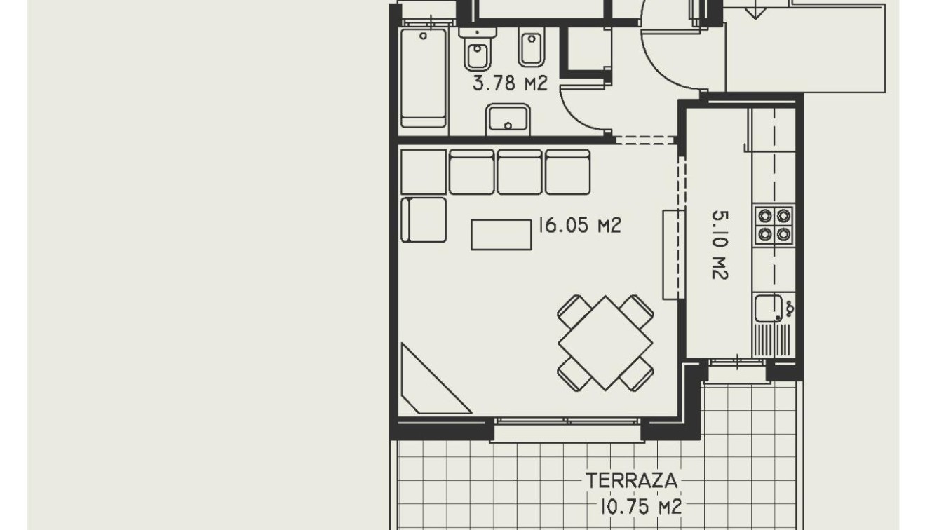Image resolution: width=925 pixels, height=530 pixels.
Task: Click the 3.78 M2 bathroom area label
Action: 509,84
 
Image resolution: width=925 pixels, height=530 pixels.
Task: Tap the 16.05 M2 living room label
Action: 579,226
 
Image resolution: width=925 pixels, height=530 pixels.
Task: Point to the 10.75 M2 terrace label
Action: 641,506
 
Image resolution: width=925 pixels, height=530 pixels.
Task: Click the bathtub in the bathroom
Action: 423,77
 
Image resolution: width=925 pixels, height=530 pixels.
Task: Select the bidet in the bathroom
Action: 530,48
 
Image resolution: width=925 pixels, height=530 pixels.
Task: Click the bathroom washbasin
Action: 508,119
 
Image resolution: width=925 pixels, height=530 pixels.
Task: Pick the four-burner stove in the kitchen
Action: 774,225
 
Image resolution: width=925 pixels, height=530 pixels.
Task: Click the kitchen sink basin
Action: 768,307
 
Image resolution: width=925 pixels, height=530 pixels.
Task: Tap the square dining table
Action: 605,343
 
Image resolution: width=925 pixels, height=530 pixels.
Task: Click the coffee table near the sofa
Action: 501,234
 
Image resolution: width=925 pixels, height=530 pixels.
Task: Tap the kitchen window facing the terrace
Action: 737,362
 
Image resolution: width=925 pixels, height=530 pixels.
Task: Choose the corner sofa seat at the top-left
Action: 423,172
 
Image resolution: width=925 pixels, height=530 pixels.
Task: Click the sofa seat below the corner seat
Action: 424,220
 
